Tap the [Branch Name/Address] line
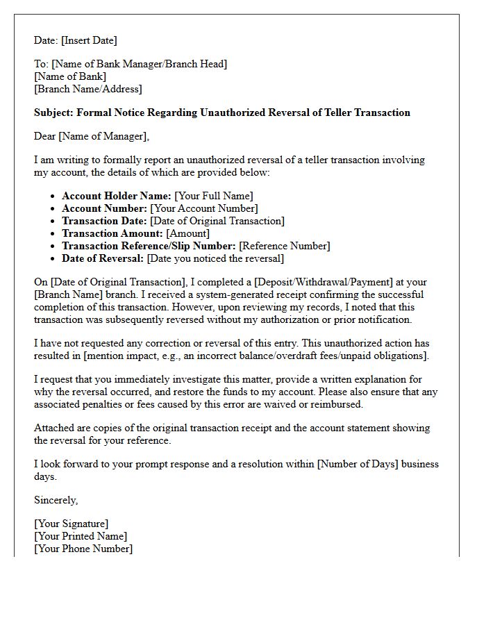tap(87, 89)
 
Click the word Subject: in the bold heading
tap(53, 112)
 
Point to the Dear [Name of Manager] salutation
tap(91, 136)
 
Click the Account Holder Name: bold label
tap(116, 196)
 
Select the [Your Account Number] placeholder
tap(204, 208)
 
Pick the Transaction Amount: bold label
tap(112, 233)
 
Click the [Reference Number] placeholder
tap(285, 246)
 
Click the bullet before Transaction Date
tap(53, 222)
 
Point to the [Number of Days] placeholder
tap(358, 464)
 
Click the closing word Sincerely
tap(56, 500)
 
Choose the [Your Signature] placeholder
tap(71, 524)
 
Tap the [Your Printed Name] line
tap(81, 536)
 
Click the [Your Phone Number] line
tap(83, 549)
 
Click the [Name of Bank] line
tap(70, 76)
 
